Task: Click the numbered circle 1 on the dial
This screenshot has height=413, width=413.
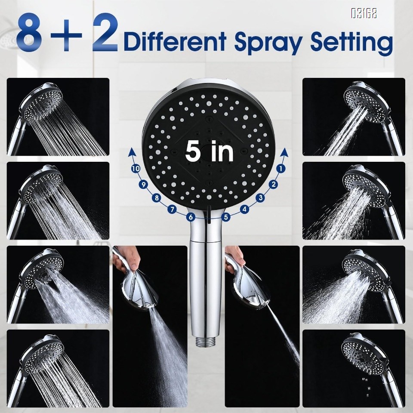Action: point(281,169)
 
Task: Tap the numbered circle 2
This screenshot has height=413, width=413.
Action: point(273,185)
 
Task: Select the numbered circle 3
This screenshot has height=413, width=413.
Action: point(260,198)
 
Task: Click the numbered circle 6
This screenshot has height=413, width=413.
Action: point(191,217)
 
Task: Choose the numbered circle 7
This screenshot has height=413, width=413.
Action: point(172,210)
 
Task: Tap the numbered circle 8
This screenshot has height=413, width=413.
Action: point(157,198)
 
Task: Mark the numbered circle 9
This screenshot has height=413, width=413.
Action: point(144,185)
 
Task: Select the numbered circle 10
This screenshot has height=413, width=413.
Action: point(136,169)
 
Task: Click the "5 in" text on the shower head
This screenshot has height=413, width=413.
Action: point(210,151)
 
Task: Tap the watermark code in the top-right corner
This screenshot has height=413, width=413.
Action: point(364,14)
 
